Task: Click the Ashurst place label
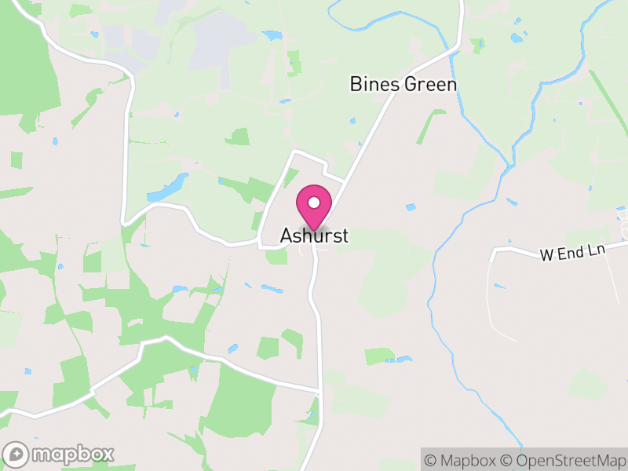point(314,235)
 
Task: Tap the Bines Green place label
point(403,84)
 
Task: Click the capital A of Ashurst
point(287,235)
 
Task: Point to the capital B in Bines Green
point(356,84)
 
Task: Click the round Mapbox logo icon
point(17,454)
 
